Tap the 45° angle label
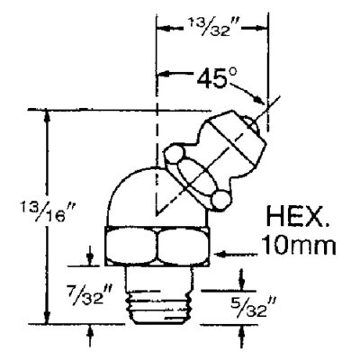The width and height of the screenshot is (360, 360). coord(217,77)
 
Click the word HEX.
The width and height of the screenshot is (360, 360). coord(297,216)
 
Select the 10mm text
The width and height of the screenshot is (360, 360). coord(299,245)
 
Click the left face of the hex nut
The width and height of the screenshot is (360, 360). coord(131,246)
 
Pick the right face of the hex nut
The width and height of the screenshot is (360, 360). coord(184,246)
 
